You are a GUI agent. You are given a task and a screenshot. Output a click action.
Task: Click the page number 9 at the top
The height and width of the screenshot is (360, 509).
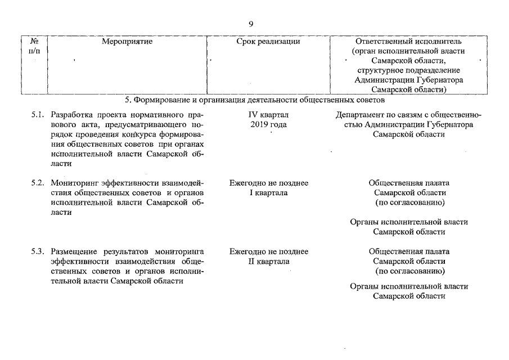click(251, 24)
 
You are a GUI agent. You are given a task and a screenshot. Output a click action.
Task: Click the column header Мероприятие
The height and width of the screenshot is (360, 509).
click(128, 42)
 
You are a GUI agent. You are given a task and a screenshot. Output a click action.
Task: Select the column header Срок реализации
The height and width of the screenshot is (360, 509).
click(268, 42)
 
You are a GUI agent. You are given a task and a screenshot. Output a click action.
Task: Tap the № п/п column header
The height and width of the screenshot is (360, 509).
click(34, 46)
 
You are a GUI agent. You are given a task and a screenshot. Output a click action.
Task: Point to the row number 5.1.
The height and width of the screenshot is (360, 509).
click(38, 115)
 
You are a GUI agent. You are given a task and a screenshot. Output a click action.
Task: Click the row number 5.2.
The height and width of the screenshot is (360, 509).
click(38, 183)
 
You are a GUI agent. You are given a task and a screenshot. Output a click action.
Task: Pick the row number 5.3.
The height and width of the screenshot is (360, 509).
click(38, 251)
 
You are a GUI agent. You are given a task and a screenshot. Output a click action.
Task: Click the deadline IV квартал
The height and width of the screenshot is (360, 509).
click(268, 115)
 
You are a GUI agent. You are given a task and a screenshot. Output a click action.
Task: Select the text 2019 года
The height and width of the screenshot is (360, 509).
click(268, 124)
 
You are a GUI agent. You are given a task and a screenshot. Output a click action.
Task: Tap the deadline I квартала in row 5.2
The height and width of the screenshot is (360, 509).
click(269, 193)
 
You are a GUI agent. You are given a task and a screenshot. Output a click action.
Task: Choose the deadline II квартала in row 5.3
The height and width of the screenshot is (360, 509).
click(269, 261)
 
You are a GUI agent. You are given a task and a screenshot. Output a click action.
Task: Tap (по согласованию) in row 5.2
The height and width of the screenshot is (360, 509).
click(409, 202)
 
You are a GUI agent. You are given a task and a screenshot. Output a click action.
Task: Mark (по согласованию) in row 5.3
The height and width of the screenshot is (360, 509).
click(409, 271)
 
